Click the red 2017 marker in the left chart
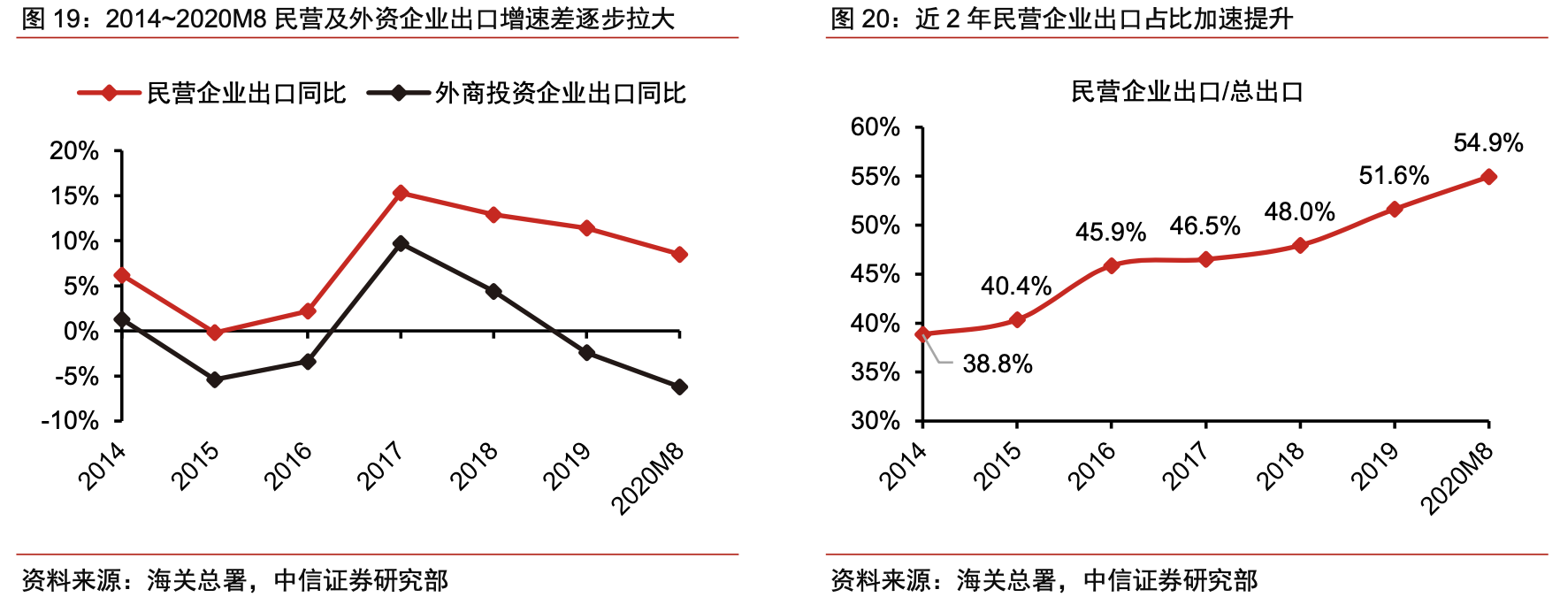tap(401, 193)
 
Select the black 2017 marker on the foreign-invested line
tap(401, 242)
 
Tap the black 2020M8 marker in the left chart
tap(679, 387)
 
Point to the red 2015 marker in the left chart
tap(215, 333)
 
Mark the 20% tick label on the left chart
tap(74, 151)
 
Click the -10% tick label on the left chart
tap(71, 420)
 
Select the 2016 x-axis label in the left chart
tap(288, 466)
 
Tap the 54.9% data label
tap(1487, 143)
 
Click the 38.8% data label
tap(998, 364)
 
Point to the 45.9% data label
tap(1111, 233)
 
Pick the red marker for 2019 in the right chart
tap(1395, 210)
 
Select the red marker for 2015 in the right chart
tap(1017, 320)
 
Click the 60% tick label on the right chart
tap(876, 127)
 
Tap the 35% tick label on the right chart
tap(876, 372)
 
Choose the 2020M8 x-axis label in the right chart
tap(1457, 479)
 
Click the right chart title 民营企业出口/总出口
tap(1187, 92)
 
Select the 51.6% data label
tap(1394, 176)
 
